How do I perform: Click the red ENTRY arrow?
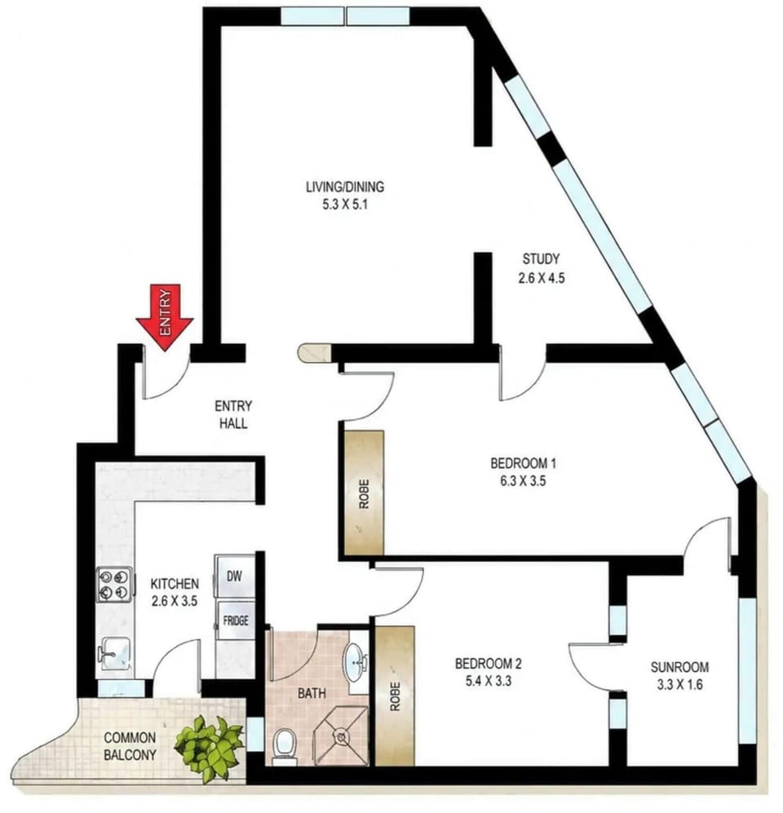165,317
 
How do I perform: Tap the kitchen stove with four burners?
114,585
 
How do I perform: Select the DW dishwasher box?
235,576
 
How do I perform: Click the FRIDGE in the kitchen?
236,621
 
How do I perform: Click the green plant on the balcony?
209,749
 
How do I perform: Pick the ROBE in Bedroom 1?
364,493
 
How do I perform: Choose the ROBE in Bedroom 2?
395,696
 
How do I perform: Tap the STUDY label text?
541,258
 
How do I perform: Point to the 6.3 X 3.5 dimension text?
523,481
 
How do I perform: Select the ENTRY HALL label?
233,414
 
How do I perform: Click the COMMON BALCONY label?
130,746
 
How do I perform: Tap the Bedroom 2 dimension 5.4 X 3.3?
489,681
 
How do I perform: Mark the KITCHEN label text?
175,584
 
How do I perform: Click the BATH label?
312,693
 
